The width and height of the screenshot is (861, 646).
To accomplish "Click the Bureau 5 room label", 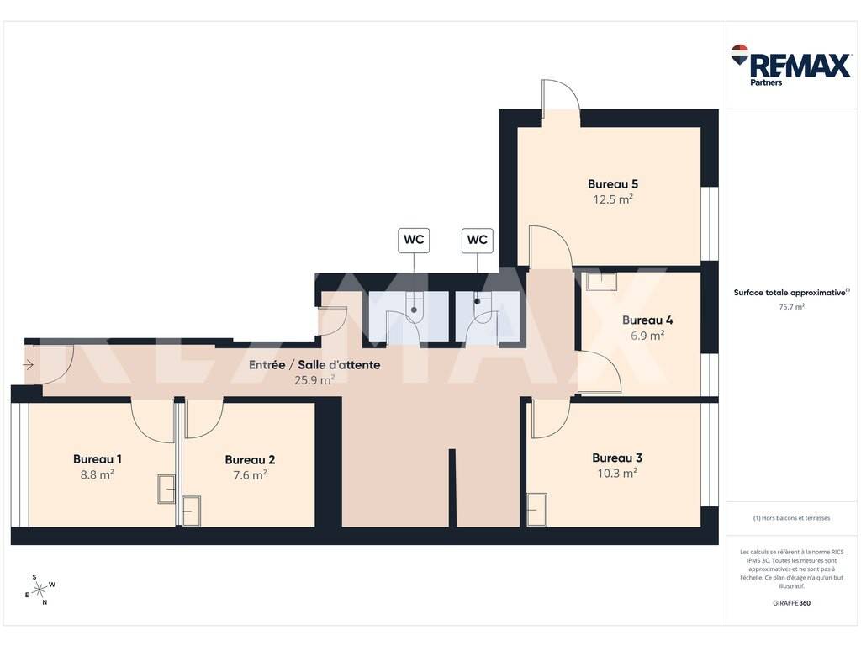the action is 613,184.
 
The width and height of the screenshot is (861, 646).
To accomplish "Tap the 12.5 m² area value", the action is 613,199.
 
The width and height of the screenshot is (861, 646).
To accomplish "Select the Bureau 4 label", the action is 647,320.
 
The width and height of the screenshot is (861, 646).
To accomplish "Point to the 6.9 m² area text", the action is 647,335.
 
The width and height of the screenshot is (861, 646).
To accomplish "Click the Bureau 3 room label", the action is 617,458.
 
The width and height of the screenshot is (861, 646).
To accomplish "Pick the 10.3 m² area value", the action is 617,473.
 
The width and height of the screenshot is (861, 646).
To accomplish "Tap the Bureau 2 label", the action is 250,460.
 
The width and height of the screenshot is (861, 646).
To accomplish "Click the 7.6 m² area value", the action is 250,474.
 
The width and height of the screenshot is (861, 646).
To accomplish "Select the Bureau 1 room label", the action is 98,459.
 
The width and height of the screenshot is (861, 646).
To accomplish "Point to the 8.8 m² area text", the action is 98,474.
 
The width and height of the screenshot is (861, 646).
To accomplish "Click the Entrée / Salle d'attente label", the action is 314,365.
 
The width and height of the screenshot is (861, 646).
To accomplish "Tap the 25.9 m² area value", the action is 314,379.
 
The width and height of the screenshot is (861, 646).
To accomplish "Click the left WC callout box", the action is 414,240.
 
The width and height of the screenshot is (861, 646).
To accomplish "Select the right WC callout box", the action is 478,240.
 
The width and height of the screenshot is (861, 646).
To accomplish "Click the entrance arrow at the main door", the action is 29,365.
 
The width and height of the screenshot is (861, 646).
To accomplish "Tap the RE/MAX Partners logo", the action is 791,65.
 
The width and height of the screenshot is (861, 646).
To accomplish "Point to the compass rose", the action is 40,590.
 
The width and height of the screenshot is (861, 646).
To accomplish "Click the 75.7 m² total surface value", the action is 791,307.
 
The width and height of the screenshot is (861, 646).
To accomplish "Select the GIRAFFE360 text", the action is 791,602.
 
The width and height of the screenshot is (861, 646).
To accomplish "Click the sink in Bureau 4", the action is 601,281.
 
